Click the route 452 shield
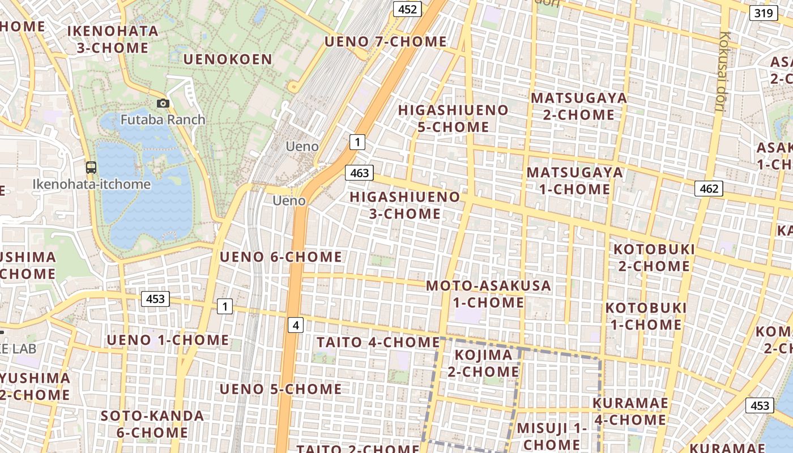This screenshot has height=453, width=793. [x=407, y=9]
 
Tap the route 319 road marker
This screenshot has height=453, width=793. [x=763, y=12]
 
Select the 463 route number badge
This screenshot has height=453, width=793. [x=360, y=173]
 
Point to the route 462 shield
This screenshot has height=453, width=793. [x=709, y=189]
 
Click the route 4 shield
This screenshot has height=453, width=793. [x=296, y=325]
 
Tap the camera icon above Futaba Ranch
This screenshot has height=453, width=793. [x=163, y=103]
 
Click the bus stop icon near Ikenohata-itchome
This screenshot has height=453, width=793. [x=91, y=168]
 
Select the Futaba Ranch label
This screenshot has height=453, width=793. [x=163, y=119]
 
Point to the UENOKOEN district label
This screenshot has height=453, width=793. [x=228, y=59]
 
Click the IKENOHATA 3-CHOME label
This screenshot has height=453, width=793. [x=113, y=39]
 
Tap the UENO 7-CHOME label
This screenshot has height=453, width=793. [x=386, y=41]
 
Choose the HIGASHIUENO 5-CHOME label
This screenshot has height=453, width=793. [x=453, y=118]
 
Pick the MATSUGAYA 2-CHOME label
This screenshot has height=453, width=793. [x=579, y=106]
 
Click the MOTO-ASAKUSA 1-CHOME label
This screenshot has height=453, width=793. [x=488, y=294]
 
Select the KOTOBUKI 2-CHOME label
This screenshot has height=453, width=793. [x=654, y=258]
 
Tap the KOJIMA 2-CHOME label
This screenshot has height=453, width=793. [x=484, y=363]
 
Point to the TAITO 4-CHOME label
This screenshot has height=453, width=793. [x=378, y=342]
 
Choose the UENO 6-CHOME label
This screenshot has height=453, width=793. [x=281, y=257]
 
